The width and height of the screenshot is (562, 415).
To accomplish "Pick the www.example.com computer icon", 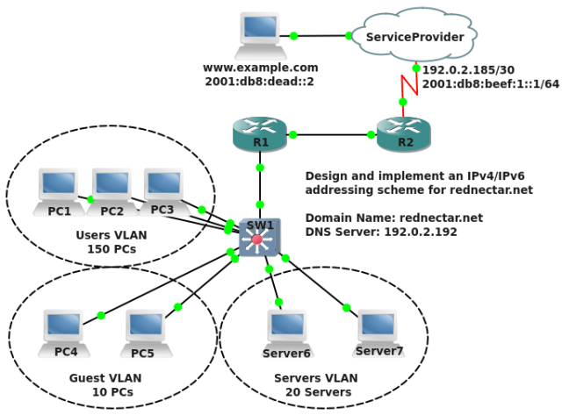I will tap(261, 33).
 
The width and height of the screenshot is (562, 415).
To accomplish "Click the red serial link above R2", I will tap(408, 85).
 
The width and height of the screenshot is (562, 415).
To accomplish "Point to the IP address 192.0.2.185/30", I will tap(468, 69).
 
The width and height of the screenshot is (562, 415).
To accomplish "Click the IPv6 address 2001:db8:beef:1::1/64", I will tap(490, 83).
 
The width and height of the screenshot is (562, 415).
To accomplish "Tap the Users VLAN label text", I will tap(112, 235).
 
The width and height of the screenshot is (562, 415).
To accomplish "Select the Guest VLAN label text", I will tap(105, 378).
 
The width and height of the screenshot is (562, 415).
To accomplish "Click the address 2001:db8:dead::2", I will tap(261, 81).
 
